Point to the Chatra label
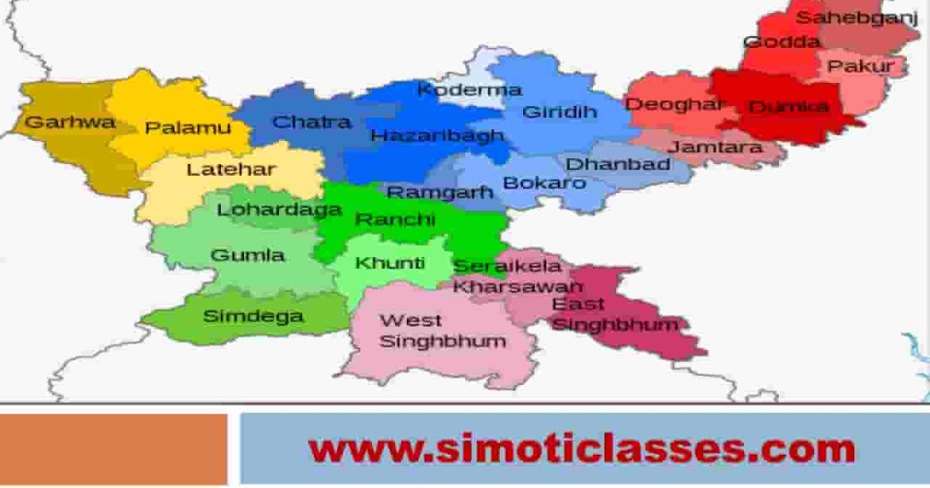tap(312, 122)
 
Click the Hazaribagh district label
tap(437, 136)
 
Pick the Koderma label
tap(469, 90)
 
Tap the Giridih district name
tap(560, 112)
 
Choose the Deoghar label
tap(674, 104)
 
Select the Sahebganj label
tap(857, 18)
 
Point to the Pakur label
tap(860, 67)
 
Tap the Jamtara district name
tap(715, 147)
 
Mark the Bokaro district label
tap(544, 184)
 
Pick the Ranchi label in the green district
tap(394, 220)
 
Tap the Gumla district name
tap(247, 256)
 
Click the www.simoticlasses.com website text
tap(581, 448)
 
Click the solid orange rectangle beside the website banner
tap(113, 449)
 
